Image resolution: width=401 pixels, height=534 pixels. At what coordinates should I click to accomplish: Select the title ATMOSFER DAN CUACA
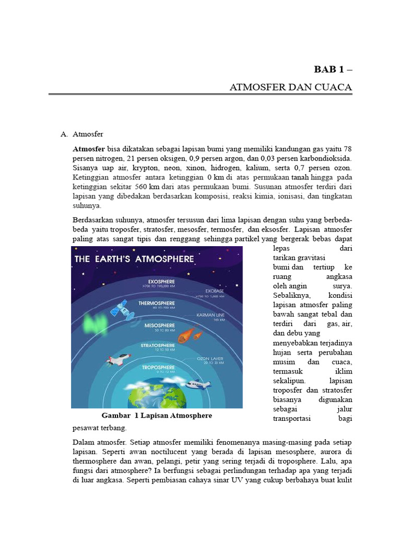click(x=291, y=87)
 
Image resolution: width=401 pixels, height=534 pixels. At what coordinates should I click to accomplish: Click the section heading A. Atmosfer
click(x=82, y=134)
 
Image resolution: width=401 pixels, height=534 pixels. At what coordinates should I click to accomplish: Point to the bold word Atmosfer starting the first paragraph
click(x=89, y=149)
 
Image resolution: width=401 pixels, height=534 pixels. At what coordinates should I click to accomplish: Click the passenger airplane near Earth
click(x=197, y=385)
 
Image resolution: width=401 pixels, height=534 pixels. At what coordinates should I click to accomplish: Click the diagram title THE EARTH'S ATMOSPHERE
click(x=134, y=259)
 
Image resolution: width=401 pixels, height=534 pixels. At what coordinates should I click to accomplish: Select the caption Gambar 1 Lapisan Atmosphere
click(x=157, y=416)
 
